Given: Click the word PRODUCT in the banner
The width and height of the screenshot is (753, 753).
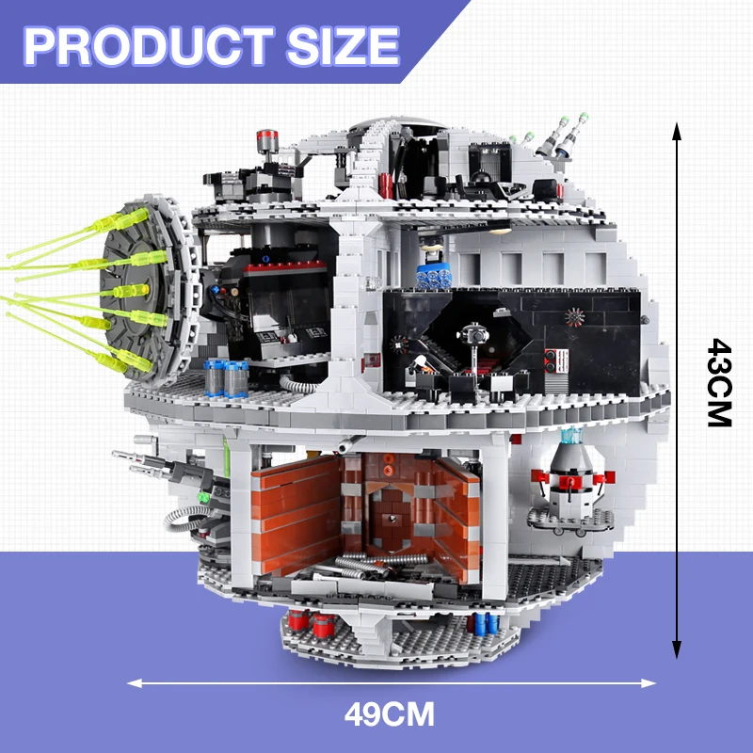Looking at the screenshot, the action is (x=149, y=45).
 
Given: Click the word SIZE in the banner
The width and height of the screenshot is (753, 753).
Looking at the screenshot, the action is (x=343, y=45).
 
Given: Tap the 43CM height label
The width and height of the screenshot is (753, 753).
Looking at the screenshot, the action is (x=719, y=383).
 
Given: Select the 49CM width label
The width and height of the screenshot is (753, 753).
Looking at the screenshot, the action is (x=389, y=714).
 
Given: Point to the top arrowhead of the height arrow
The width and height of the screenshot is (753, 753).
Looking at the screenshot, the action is (x=677, y=130).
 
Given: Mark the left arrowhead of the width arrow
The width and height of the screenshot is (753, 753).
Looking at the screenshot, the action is (x=135, y=683).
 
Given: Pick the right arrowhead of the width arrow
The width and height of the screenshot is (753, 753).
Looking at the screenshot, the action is (x=649, y=683).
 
